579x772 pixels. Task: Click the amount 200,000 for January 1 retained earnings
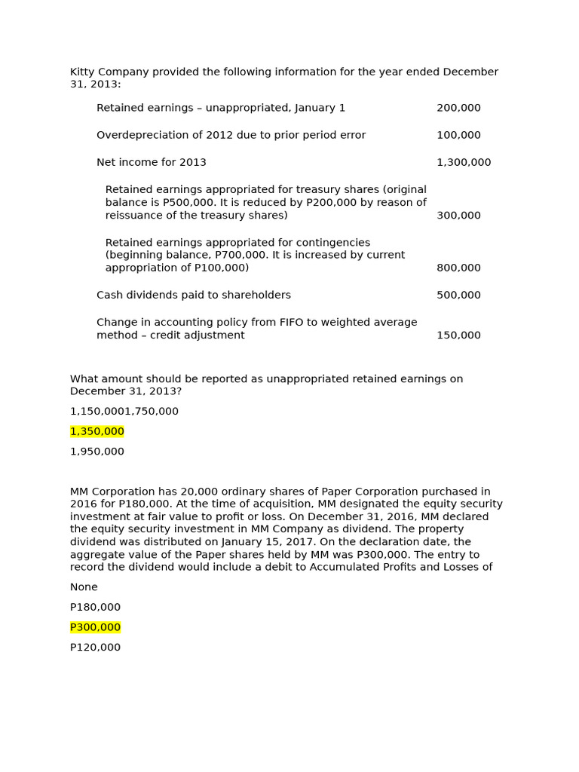458,108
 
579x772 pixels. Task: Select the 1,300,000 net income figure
463,162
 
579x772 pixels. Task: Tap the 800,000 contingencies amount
458,268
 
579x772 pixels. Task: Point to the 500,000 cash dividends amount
458,295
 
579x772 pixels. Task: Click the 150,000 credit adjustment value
458,335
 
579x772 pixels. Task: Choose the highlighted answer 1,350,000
97,431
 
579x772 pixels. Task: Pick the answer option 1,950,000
97,452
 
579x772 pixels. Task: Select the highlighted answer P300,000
95,627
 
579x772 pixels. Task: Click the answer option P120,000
95,647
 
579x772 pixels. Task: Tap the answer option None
84,587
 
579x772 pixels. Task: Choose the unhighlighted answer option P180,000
95,607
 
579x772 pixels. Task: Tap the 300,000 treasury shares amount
458,215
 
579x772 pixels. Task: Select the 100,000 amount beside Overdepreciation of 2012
458,135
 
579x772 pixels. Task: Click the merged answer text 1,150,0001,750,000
124,411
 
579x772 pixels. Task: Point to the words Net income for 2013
151,162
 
